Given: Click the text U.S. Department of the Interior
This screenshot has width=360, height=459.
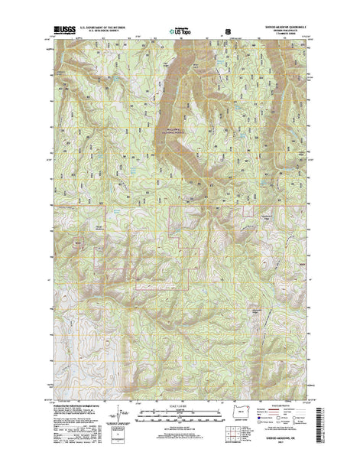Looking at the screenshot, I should point(104,28).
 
